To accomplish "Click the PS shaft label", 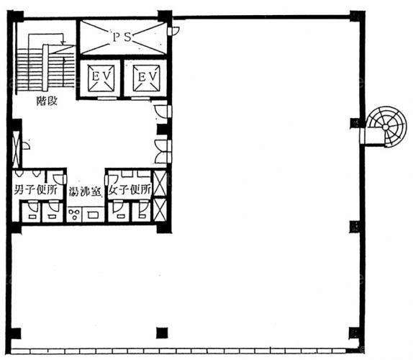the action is tap(122, 37).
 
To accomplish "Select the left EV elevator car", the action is tap(101, 78).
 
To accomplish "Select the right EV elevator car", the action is tap(146, 78).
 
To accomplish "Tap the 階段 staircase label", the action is tap(47, 101).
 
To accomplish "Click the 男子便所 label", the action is tap(35, 189).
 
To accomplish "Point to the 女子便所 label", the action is tap(130, 189).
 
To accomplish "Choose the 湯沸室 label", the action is tap(85, 192).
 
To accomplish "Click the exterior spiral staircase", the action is tap(383, 127).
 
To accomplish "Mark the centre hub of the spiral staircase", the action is tap(386, 127).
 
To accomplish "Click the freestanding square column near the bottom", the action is tap(162, 333).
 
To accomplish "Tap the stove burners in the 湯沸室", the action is tap(74, 214).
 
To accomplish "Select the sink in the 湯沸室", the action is tap(93, 215).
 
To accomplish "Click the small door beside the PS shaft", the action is tap(173, 31).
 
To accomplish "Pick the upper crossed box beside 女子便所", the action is tap(160, 184).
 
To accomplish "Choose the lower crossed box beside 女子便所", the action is tap(160, 210).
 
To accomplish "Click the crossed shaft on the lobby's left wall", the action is tap(16, 149).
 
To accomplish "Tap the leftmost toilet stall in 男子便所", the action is tap(31, 212).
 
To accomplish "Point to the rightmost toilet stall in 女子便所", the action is tap(141, 211).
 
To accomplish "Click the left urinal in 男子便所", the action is tap(19, 174).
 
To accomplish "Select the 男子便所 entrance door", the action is tap(60, 179).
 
